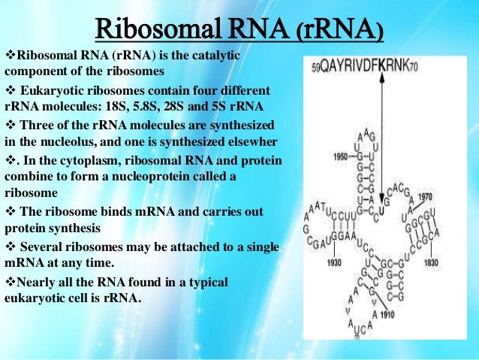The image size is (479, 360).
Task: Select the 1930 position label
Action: (334, 262)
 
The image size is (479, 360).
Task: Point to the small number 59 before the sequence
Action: (315, 66)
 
